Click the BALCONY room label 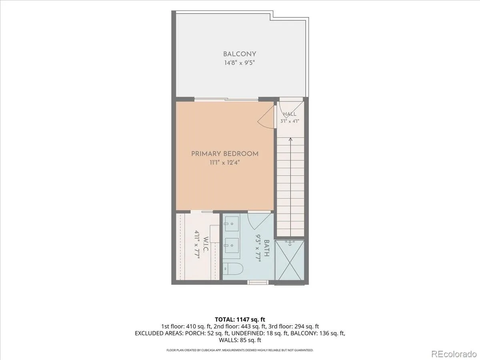[x=240, y=54]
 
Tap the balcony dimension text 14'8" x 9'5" [x=240, y=63]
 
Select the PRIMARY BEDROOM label [x=225, y=154]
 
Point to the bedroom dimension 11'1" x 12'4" [x=225, y=163]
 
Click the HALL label [x=290, y=114]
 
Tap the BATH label [x=266, y=248]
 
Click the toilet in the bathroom [x=233, y=269]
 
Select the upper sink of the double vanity [x=232, y=224]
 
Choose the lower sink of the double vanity [x=232, y=245]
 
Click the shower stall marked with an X [x=290, y=260]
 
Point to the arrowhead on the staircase [x=290, y=139]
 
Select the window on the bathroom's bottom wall [x=258, y=282]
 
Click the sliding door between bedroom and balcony [x=226, y=100]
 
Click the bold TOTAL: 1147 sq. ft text [x=240, y=320]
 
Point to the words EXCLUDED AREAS [x=159, y=333]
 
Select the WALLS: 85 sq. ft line [x=240, y=340]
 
